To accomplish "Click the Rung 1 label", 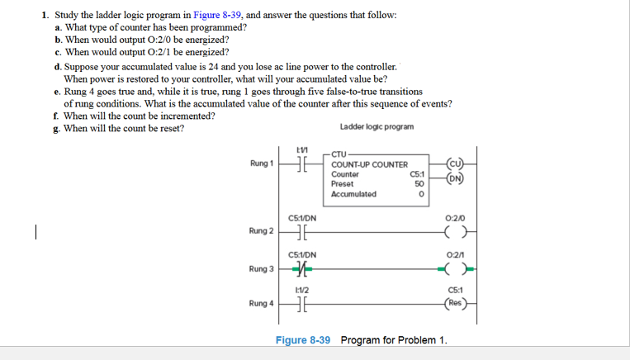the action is [x=260, y=163].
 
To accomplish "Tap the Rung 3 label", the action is [x=260, y=269].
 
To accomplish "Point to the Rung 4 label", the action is [x=260, y=304].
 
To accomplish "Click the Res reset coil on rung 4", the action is [x=455, y=303].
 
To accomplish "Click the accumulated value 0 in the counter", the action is [x=420, y=195].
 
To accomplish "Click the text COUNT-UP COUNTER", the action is [x=369, y=164].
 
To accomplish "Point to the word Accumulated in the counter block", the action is [x=353, y=194].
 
